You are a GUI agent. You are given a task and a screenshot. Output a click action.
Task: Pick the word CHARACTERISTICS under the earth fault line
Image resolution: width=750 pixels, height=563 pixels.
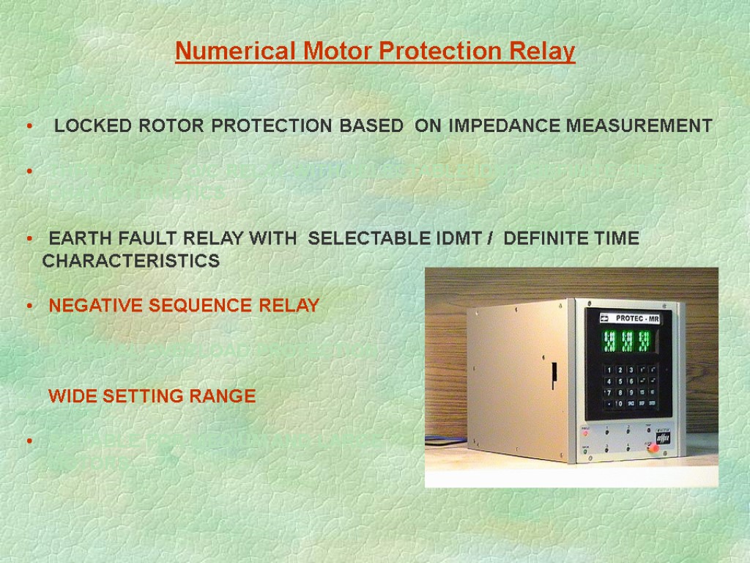131,262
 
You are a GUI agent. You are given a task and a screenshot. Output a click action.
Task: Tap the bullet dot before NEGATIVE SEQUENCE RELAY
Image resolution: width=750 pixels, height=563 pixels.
29,306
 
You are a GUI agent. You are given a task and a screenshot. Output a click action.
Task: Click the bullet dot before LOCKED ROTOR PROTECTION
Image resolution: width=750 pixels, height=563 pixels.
29,127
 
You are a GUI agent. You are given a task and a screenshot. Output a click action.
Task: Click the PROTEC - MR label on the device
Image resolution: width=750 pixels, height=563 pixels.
639,317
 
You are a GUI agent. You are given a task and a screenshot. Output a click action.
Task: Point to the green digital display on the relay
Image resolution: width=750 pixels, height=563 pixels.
628,341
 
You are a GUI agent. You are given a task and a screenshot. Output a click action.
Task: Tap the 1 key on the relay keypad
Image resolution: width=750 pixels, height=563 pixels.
608,370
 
